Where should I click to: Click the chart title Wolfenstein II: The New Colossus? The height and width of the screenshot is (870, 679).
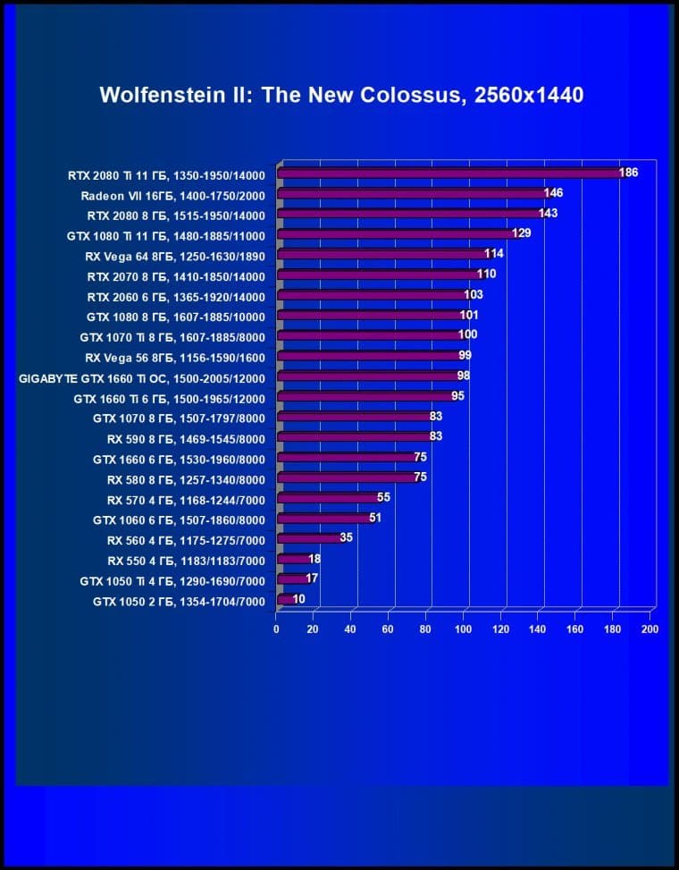(x=341, y=95)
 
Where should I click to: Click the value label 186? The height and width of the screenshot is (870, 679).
(x=628, y=172)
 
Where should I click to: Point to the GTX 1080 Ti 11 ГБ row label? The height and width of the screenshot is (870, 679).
(x=166, y=234)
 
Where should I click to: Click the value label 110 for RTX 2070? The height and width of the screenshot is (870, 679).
(x=486, y=274)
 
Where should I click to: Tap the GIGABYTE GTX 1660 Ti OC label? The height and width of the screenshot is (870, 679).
(x=142, y=376)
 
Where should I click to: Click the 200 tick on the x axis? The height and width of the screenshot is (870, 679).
(x=650, y=629)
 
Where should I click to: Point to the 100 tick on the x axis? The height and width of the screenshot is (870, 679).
(x=463, y=629)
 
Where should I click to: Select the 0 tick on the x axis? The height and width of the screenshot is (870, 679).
(x=277, y=629)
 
